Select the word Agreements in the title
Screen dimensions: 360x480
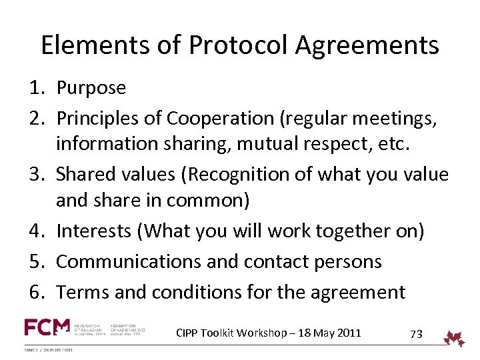click(x=367, y=45)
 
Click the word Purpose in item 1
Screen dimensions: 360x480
click(x=91, y=88)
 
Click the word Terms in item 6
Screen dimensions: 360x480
click(x=80, y=291)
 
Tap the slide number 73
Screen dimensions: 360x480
click(x=416, y=333)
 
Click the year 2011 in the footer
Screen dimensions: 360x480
click(x=347, y=332)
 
